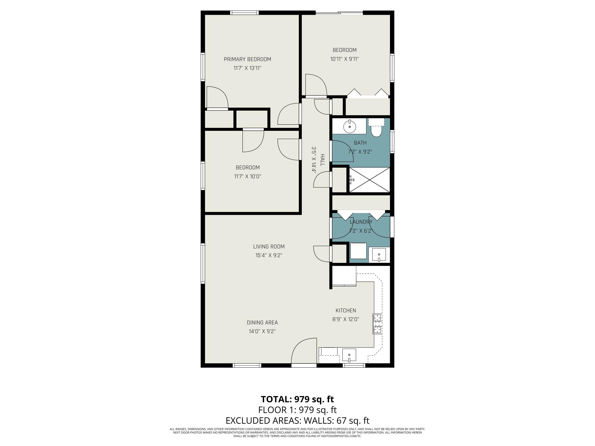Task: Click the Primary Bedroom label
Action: click(x=248, y=59)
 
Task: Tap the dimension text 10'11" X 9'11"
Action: click(x=345, y=59)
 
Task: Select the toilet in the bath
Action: click(x=376, y=128)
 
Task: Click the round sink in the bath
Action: click(x=349, y=126)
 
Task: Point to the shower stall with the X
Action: click(x=369, y=180)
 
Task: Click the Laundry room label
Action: click(x=361, y=222)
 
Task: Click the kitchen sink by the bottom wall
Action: click(x=349, y=355)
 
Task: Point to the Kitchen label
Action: click(x=346, y=310)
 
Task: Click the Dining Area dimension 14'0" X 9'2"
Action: click(x=262, y=331)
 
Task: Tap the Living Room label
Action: click(x=269, y=247)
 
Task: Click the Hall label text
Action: click(x=322, y=160)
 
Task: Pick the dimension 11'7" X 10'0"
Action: click(x=248, y=176)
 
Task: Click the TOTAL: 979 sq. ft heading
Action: click(x=297, y=399)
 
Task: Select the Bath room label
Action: click(x=360, y=143)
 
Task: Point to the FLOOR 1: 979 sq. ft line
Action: click(x=297, y=410)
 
